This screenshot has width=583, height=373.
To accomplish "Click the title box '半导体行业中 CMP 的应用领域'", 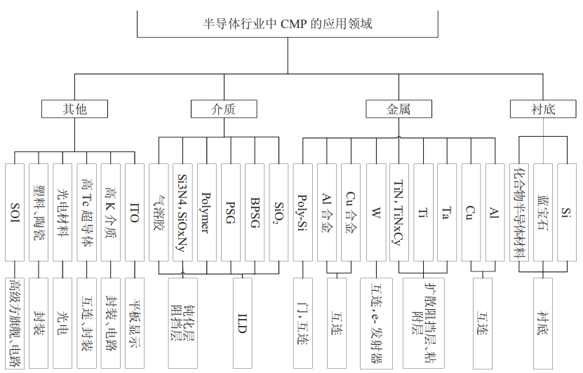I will click(x=287, y=25).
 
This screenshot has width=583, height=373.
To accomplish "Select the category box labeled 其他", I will click(x=74, y=109).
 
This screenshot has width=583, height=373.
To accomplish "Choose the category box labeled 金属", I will click(x=398, y=109).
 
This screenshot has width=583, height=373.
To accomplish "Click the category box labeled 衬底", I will click(x=542, y=109).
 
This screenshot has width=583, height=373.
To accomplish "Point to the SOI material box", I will click(x=15, y=212).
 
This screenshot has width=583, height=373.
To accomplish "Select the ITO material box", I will click(x=135, y=212).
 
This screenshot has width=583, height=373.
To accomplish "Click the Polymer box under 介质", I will click(x=206, y=212).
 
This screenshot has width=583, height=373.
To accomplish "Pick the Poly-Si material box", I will click(x=302, y=212).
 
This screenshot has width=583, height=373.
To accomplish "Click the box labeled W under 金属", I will click(x=375, y=212).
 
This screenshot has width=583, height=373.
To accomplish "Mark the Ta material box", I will click(x=446, y=212).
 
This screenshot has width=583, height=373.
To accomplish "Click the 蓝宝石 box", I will click(x=543, y=212).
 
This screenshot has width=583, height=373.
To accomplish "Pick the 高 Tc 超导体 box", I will click(x=87, y=212).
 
